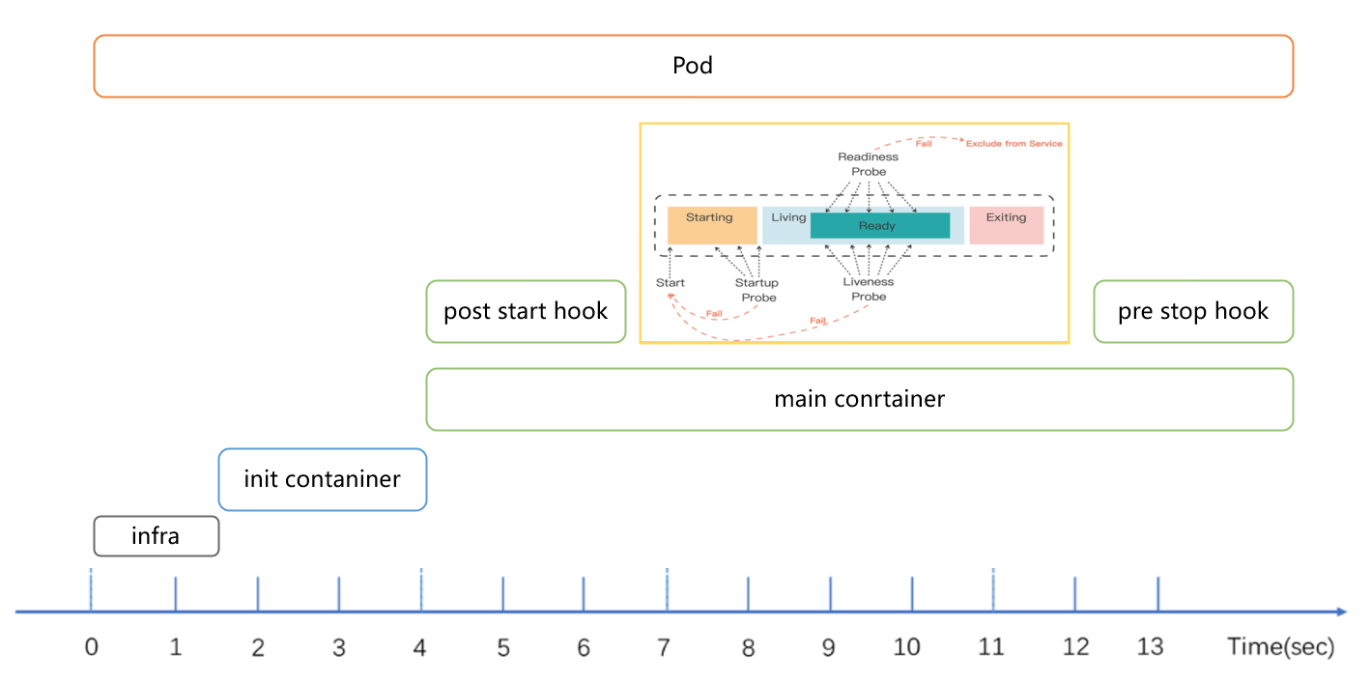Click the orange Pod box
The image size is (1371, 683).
point(693,66)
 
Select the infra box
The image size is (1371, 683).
point(156,536)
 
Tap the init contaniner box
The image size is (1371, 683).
point(322,479)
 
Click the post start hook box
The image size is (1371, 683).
point(526,311)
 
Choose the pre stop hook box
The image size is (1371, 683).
point(1192,311)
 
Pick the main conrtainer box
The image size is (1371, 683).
point(859,399)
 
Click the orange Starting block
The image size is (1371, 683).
point(709,225)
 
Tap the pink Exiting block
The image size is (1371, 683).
point(1006,225)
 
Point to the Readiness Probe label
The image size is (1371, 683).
point(868,164)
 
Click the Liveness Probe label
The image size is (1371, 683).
point(868,289)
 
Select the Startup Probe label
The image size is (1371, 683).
point(757,290)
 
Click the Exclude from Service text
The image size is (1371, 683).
point(1014,144)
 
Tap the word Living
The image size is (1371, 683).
point(788,217)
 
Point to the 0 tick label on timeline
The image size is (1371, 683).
point(92,647)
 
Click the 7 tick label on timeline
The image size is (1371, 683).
point(664,647)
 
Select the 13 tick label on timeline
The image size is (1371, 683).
point(1150,647)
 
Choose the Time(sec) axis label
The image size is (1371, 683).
point(1280,647)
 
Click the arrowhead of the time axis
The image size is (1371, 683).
point(1341,612)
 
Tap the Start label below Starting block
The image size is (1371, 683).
point(671,283)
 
